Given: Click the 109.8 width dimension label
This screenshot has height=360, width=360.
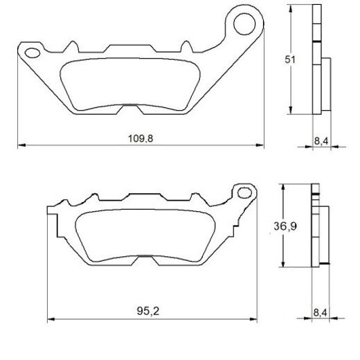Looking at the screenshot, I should coord(141,138).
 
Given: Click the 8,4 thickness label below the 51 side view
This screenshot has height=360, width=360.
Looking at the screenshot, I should coord(321,141).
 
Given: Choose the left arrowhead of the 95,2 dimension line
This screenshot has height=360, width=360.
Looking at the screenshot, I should coord(51,319).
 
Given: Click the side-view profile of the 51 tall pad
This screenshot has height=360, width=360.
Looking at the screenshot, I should coord(319,62).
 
